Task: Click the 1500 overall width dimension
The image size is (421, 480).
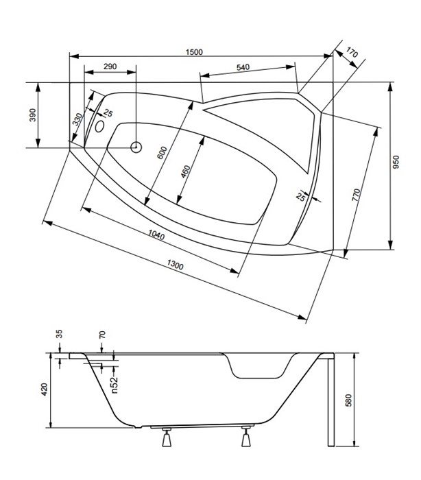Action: click(x=194, y=52)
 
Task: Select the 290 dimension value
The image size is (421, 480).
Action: click(x=110, y=67)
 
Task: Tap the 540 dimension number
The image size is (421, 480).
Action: click(x=243, y=67)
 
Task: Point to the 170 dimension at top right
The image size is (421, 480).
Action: click(x=352, y=53)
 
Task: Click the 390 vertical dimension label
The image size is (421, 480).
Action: click(x=33, y=115)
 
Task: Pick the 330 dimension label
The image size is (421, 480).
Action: click(x=77, y=119)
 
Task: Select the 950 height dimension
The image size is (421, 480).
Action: click(x=396, y=163)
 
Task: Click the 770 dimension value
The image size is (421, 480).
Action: click(x=357, y=195)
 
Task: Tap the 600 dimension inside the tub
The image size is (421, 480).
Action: click(x=162, y=153)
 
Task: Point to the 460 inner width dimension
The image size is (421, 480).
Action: click(x=185, y=171)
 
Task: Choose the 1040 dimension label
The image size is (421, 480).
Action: click(x=156, y=235)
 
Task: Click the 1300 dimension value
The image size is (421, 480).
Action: click(x=176, y=265)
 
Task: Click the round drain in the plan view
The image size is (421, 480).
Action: click(x=136, y=147)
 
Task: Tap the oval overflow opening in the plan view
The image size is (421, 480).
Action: click(x=99, y=126)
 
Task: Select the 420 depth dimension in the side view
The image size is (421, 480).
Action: click(x=45, y=389)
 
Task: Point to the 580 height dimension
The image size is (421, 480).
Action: click(x=348, y=400)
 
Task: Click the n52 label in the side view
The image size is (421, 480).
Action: click(x=114, y=385)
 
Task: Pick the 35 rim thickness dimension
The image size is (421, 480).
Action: click(x=60, y=334)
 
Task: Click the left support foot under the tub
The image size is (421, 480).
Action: click(x=166, y=437)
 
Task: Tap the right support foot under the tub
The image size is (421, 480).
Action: click(x=246, y=437)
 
